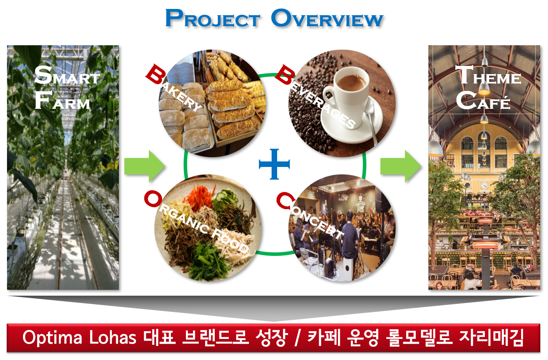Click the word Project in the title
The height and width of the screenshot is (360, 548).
(x=212, y=18)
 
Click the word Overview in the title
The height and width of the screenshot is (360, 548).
(x=327, y=18)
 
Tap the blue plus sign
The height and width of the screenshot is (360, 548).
(x=274, y=164)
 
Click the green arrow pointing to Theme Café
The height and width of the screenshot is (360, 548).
(x=401, y=166)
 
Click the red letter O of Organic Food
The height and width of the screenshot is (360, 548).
(x=153, y=199)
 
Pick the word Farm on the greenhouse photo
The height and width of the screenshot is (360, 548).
(x=62, y=100)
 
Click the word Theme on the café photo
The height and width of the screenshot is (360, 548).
(x=488, y=75)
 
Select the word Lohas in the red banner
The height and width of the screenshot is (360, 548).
(x=113, y=337)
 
